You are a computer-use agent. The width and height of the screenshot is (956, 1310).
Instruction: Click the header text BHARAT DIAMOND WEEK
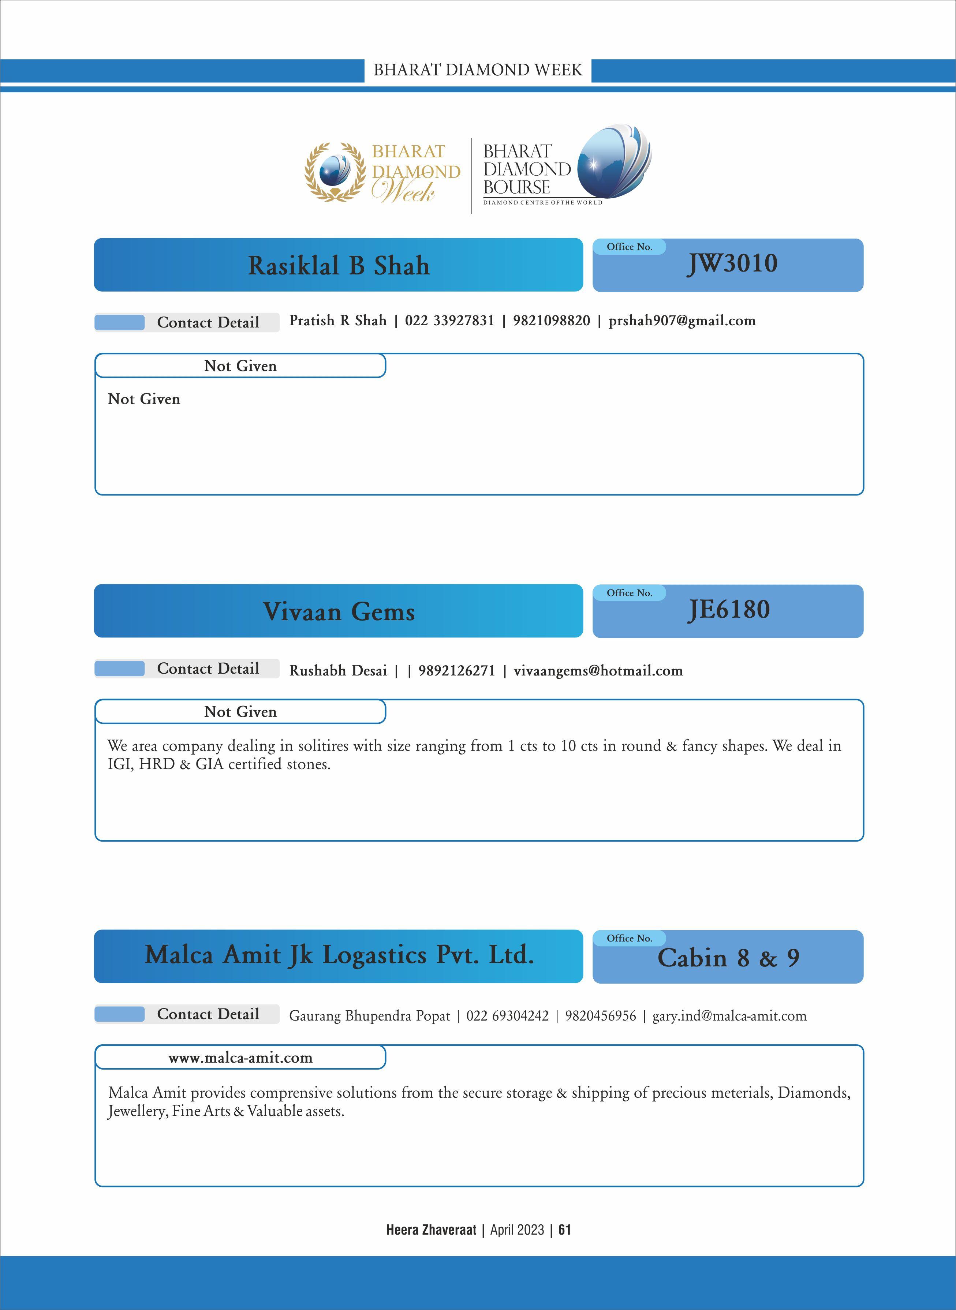[x=477, y=70]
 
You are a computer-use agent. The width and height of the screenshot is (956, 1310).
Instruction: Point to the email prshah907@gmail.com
[x=682, y=321]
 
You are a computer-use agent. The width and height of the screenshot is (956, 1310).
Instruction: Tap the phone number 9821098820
[x=552, y=321]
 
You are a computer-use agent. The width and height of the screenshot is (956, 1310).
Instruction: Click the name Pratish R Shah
[x=338, y=321]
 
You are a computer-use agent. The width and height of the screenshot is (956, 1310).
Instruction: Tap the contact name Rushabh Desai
[x=338, y=671]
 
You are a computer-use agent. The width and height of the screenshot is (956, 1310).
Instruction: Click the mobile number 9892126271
[x=456, y=671]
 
